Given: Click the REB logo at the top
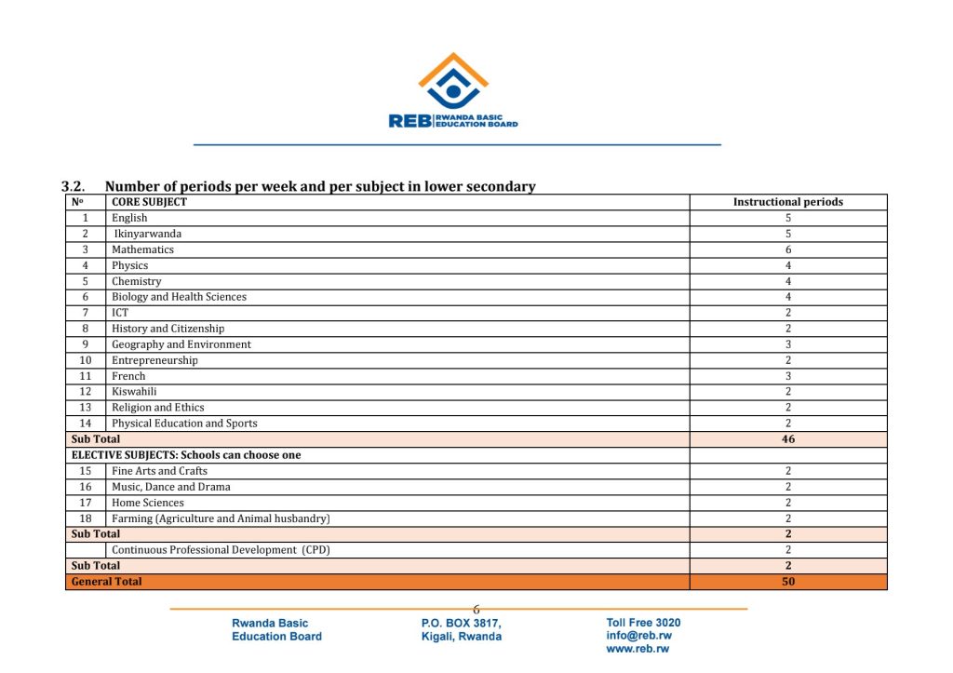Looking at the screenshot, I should point(453,91).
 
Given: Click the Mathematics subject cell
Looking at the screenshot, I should point(142,249).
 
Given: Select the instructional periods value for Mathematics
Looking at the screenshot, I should point(788,249).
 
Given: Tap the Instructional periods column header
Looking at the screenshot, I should point(788,202).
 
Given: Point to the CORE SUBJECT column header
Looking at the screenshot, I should point(149,202).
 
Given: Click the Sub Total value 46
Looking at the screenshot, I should point(788,439).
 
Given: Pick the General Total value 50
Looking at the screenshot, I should point(788,582).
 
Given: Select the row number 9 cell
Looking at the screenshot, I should point(85,344).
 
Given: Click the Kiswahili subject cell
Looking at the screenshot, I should point(135,392).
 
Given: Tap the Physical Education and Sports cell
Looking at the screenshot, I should point(184,424).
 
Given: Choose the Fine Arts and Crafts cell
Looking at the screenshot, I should point(159,471).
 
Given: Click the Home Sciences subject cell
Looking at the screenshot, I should point(148,503).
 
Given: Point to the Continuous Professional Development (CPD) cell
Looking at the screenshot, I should point(221,550).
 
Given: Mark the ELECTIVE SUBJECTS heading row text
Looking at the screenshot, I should point(186,455).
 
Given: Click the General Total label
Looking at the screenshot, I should point(107,582).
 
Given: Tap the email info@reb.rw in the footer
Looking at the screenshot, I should point(638,636).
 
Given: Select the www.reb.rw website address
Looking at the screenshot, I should point(638,649).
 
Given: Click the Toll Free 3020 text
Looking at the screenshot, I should point(643,623).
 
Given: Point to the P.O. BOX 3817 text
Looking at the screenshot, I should point(461,623).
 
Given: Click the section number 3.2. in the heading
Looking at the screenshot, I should point(74,187).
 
